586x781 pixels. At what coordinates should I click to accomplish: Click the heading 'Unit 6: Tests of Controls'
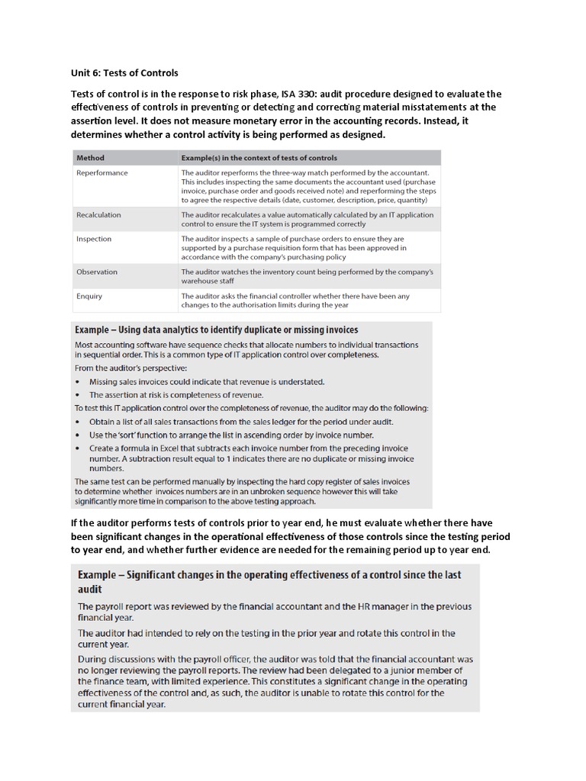124,73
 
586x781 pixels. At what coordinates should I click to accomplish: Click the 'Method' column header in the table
90,158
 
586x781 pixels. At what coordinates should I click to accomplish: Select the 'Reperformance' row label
101,173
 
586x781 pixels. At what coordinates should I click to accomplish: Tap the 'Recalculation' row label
98,215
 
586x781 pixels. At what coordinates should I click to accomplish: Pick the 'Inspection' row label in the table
94,239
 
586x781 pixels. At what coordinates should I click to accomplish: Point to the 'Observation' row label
97,272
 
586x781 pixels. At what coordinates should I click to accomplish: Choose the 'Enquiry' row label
89,296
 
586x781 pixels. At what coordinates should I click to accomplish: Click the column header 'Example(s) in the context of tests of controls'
259,158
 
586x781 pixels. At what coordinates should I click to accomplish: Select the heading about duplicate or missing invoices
216,330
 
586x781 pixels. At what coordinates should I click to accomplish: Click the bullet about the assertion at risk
175,395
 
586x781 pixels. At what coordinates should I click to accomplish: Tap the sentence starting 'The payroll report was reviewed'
275,612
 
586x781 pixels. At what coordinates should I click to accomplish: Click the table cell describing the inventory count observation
307,276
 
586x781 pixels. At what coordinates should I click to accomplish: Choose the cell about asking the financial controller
295,301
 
